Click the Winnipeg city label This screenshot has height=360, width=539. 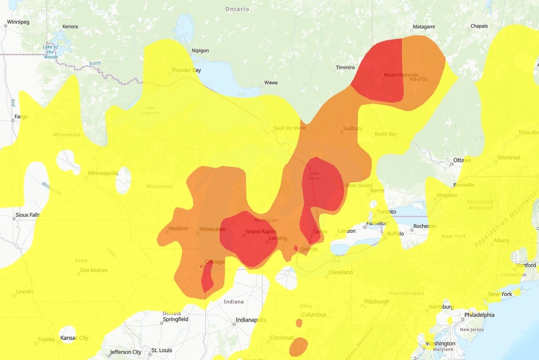(x=18, y=22)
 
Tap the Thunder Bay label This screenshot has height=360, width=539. (x=186, y=70)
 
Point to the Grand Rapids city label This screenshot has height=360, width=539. (x=261, y=232)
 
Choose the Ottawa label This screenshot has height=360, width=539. (x=462, y=160)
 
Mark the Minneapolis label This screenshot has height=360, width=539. (x=103, y=174)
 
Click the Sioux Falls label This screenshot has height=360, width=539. (x=28, y=215)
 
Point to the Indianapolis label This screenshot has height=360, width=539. (x=251, y=320)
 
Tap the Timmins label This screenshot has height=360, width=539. (x=345, y=68)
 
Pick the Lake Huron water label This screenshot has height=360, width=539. (x=315, y=176)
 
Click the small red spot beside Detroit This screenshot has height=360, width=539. (x=296, y=249)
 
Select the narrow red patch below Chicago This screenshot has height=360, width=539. (x=207, y=279)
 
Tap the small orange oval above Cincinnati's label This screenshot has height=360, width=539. (x=299, y=323)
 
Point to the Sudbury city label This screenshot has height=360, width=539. (x=353, y=129)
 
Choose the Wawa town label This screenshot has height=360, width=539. (x=270, y=84)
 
